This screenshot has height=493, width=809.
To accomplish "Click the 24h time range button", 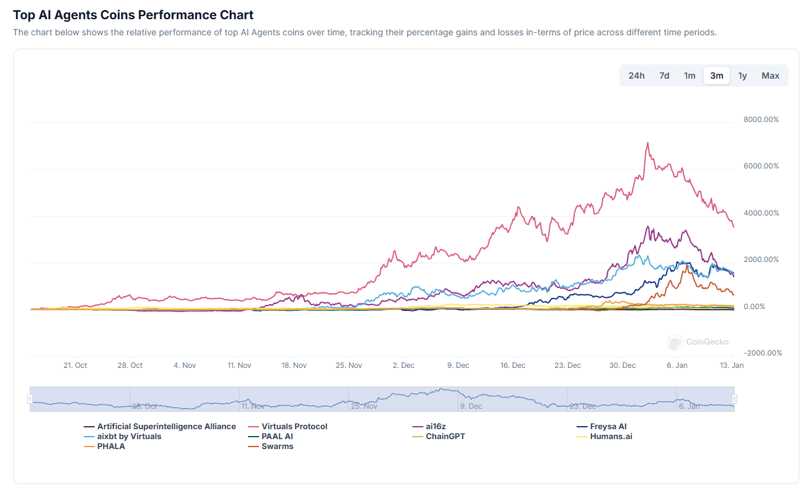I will click(x=636, y=76).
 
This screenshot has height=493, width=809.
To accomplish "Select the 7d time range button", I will click(x=664, y=76).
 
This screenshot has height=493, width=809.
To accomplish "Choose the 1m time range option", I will click(x=689, y=76).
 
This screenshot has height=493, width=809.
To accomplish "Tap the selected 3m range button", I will click(x=717, y=76).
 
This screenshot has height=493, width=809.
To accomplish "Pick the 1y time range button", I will click(x=743, y=76).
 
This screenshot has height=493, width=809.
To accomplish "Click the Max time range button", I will click(x=771, y=76).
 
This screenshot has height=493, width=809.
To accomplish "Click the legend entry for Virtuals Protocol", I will click(x=294, y=427).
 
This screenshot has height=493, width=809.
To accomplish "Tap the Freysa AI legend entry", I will click(x=608, y=427).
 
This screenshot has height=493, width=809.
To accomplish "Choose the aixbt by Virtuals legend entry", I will click(x=129, y=437).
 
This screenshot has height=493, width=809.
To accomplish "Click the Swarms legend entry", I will click(x=277, y=447).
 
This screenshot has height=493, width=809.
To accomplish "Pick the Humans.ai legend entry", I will click(x=611, y=437).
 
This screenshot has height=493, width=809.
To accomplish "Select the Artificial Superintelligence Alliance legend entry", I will click(x=166, y=427).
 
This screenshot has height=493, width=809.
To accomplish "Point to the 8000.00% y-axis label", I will click(x=761, y=120).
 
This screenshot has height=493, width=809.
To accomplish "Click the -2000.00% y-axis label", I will click(x=763, y=353).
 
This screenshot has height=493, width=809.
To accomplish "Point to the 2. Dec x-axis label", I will click(x=403, y=365).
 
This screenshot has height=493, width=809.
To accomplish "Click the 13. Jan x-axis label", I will click(x=732, y=365).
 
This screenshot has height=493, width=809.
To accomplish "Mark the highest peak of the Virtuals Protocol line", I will click(x=647, y=143).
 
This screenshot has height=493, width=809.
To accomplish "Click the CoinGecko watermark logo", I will click(x=675, y=342).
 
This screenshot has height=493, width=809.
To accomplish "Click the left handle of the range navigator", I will click(x=30, y=399).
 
